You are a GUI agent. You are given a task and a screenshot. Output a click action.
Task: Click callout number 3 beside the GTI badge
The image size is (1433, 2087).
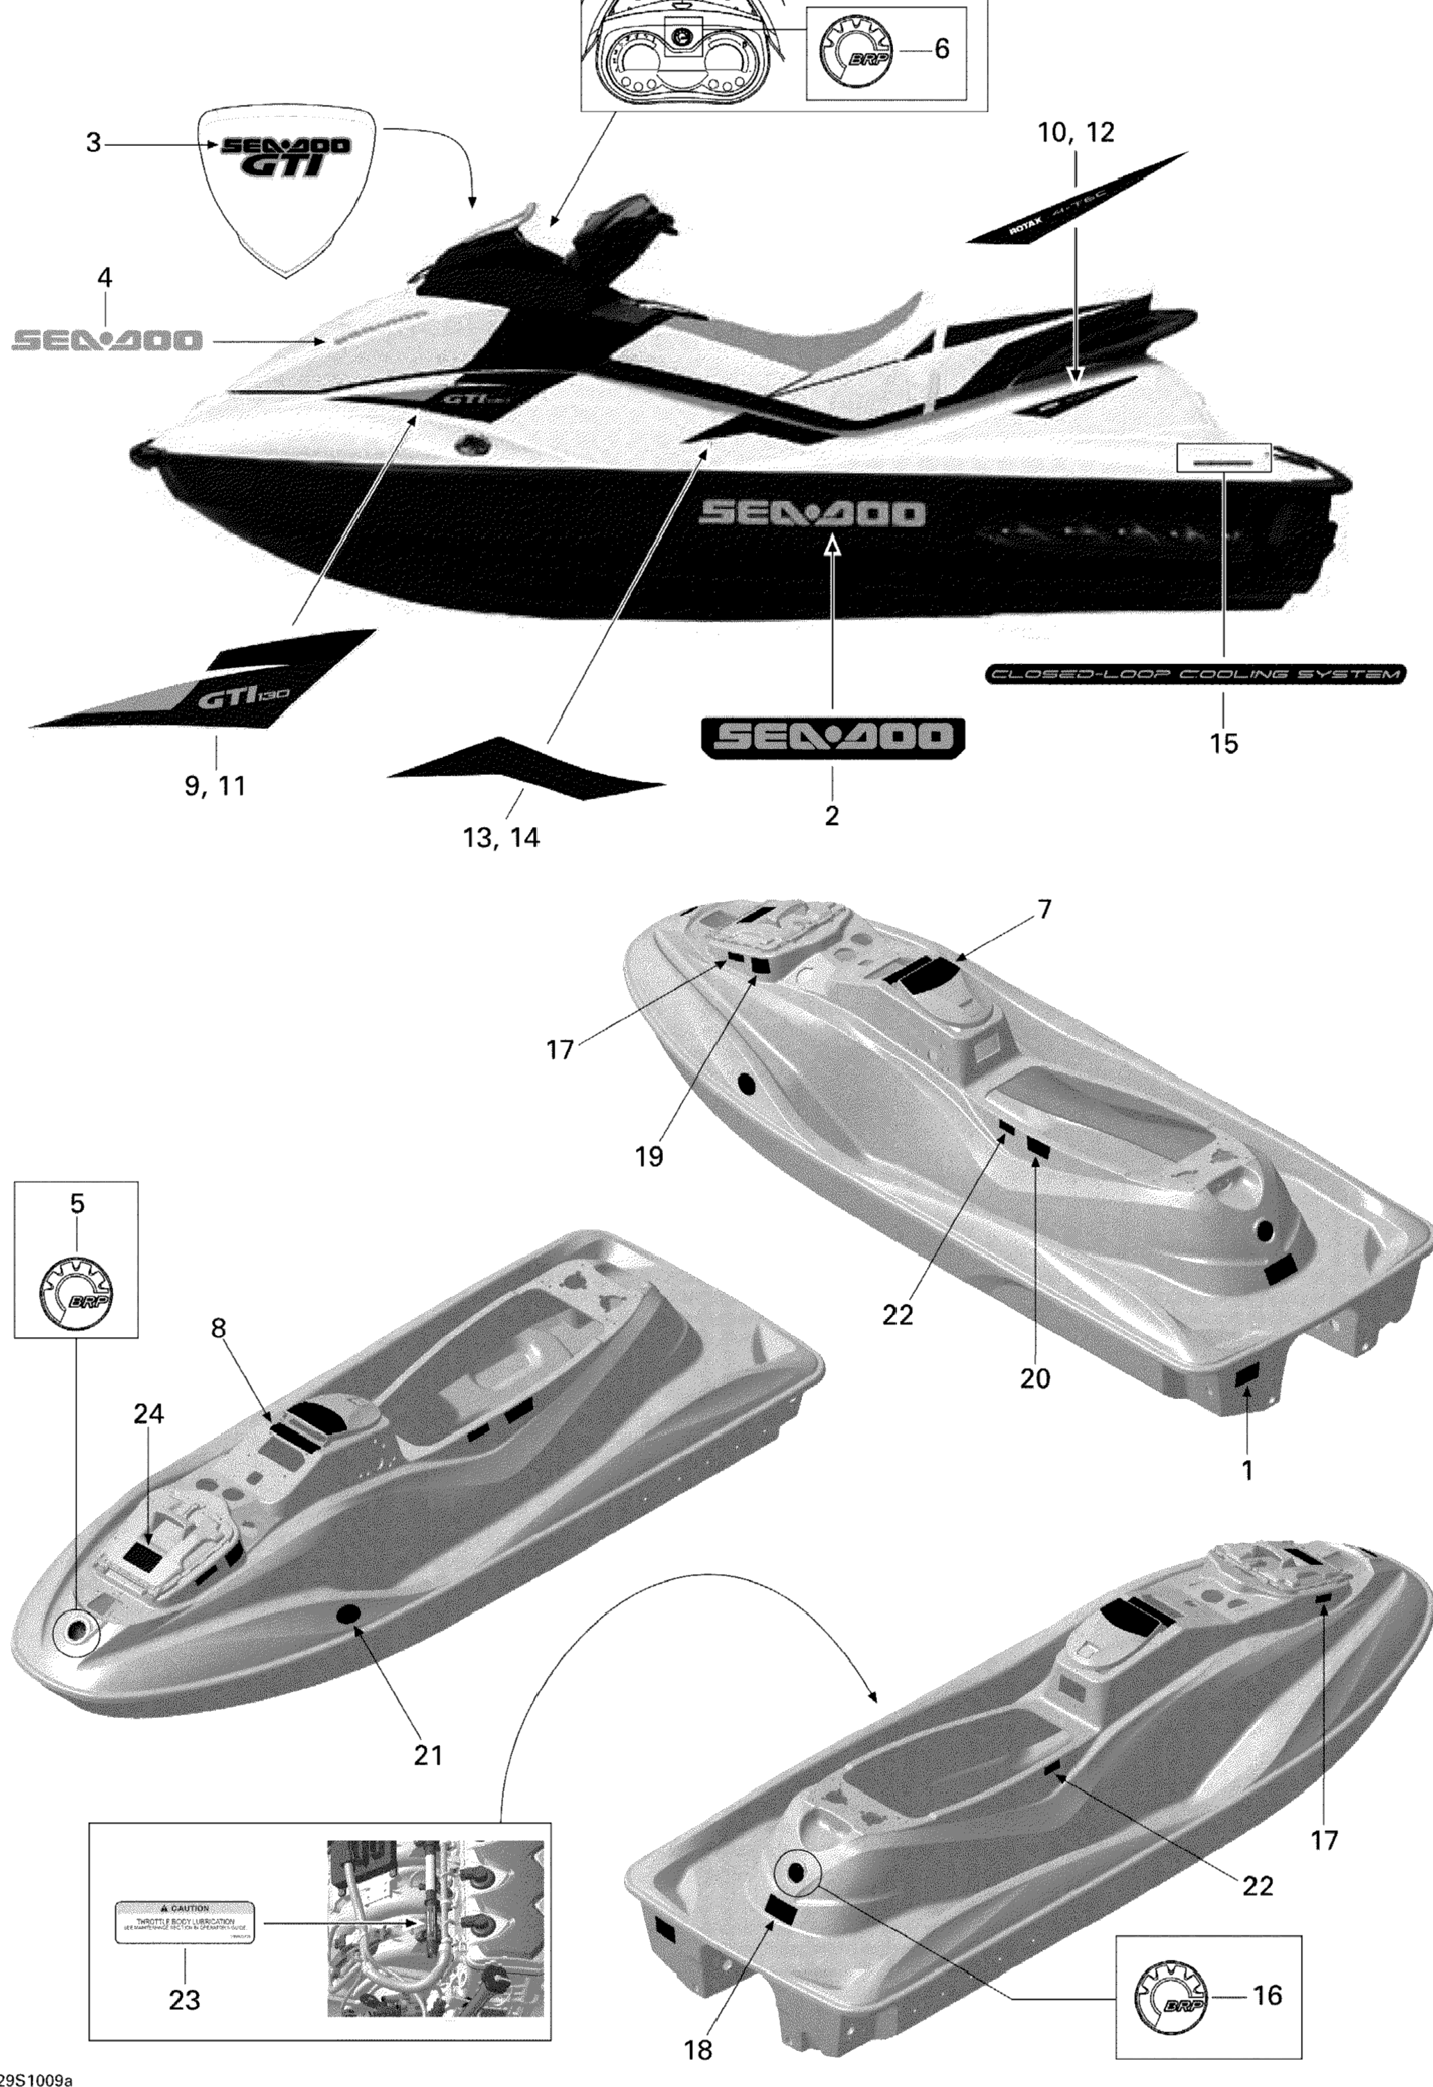pos(93,142)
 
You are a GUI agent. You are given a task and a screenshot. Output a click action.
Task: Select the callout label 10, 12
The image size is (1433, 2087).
pos(1076,133)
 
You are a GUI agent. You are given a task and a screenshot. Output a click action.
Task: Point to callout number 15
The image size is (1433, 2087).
pos(1224,743)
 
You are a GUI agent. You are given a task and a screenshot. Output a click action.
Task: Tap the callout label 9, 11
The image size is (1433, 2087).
pos(215,786)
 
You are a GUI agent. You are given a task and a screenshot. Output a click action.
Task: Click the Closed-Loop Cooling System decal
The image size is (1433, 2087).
pos(1195,673)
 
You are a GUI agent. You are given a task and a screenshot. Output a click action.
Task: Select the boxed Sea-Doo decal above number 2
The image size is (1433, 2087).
pos(833,737)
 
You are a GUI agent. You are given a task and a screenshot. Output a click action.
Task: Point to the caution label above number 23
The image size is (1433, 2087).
pos(184,1922)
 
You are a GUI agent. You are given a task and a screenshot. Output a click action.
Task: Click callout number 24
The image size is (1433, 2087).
pos(148,1414)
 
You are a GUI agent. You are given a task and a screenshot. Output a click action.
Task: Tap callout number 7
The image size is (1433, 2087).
pos(1043,910)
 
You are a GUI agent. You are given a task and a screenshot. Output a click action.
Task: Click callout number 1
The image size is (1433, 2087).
pos(1246,1470)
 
